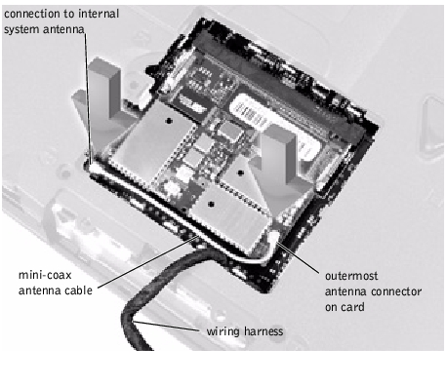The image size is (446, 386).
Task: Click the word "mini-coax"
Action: point(45,275)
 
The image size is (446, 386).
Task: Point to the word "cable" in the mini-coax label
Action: point(79,290)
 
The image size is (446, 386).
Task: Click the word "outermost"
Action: point(351,276)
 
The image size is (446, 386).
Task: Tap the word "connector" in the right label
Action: point(396,291)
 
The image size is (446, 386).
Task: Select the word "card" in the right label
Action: point(352,307)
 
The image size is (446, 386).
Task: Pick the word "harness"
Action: point(264,331)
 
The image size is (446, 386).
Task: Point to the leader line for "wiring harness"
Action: point(167,327)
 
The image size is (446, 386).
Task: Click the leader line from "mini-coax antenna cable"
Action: point(147,262)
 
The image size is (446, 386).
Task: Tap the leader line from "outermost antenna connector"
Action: point(297,256)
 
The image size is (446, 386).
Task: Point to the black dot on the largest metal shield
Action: point(169,121)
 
